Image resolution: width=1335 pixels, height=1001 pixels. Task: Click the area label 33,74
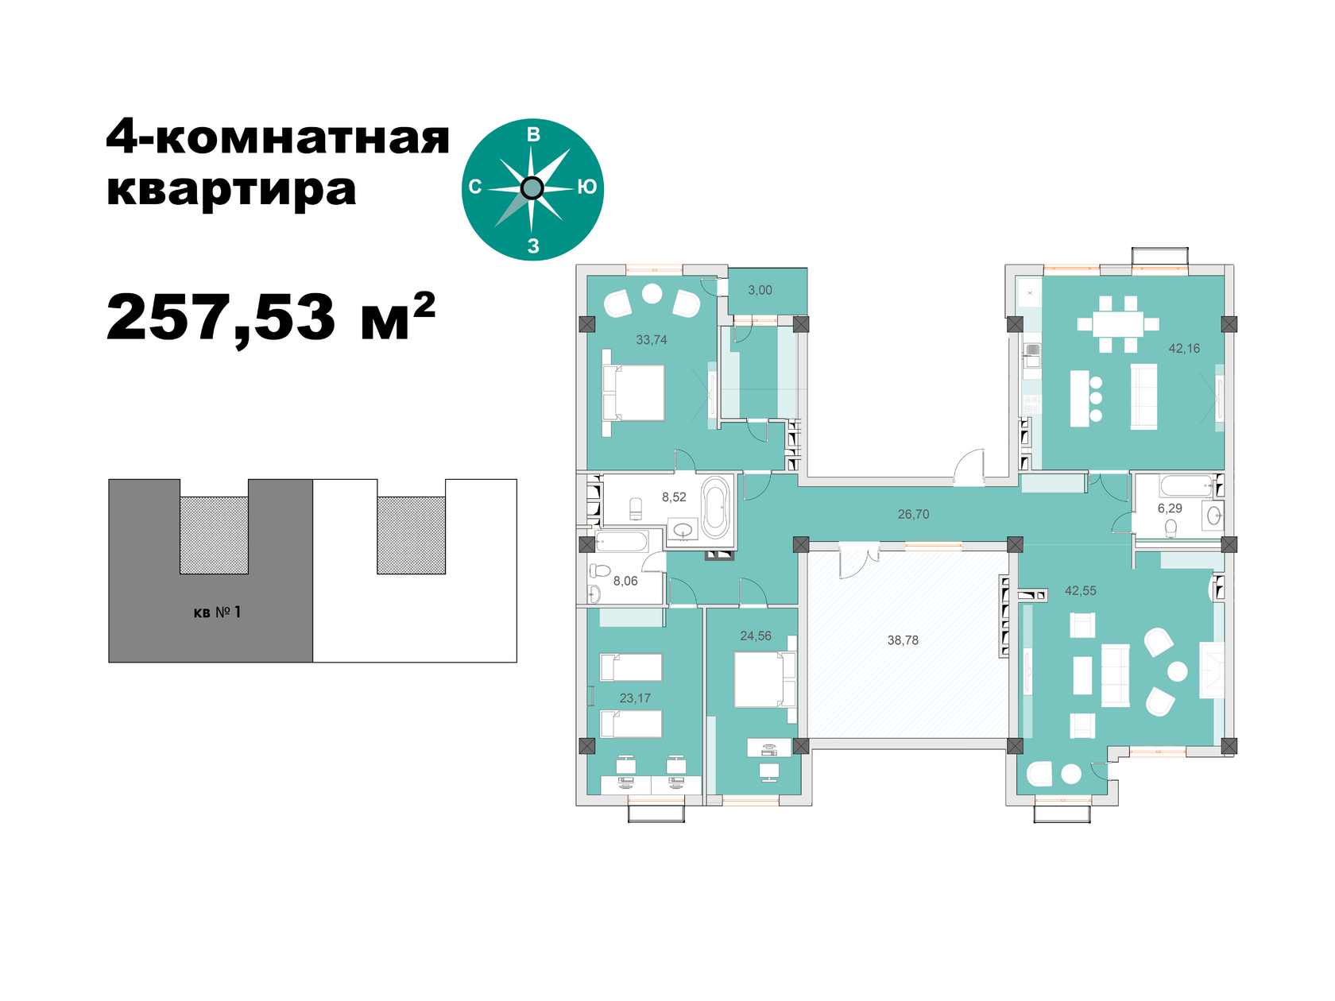[651, 340]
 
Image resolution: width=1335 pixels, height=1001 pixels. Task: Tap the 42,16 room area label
[1183, 348]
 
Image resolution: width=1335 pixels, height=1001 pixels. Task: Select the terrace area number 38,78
[903, 640]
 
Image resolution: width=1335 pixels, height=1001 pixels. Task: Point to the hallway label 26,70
[913, 514]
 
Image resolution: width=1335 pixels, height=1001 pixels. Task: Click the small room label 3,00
[760, 290]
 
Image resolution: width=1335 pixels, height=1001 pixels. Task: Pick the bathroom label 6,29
[1170, 508]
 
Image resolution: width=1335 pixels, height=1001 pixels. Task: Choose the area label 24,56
[756, 636]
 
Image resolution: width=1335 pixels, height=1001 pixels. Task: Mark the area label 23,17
[635, 698]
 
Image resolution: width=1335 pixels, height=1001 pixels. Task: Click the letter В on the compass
[533, 134]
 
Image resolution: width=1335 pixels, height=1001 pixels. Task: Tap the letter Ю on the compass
[587, 187]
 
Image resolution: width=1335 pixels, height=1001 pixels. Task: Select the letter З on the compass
[533, 245]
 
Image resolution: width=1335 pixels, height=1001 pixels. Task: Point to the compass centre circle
[532, 188]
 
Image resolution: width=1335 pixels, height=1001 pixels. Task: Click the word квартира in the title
[231, 191]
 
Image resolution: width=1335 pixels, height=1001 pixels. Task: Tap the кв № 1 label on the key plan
[217, 612]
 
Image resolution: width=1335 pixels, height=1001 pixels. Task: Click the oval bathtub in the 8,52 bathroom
[715, 508]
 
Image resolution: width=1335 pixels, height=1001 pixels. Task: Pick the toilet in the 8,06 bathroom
[600, 570]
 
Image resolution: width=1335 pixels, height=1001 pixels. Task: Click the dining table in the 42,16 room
[1118, 324]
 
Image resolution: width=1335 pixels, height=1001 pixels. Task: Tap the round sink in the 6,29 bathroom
[1214, 516]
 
